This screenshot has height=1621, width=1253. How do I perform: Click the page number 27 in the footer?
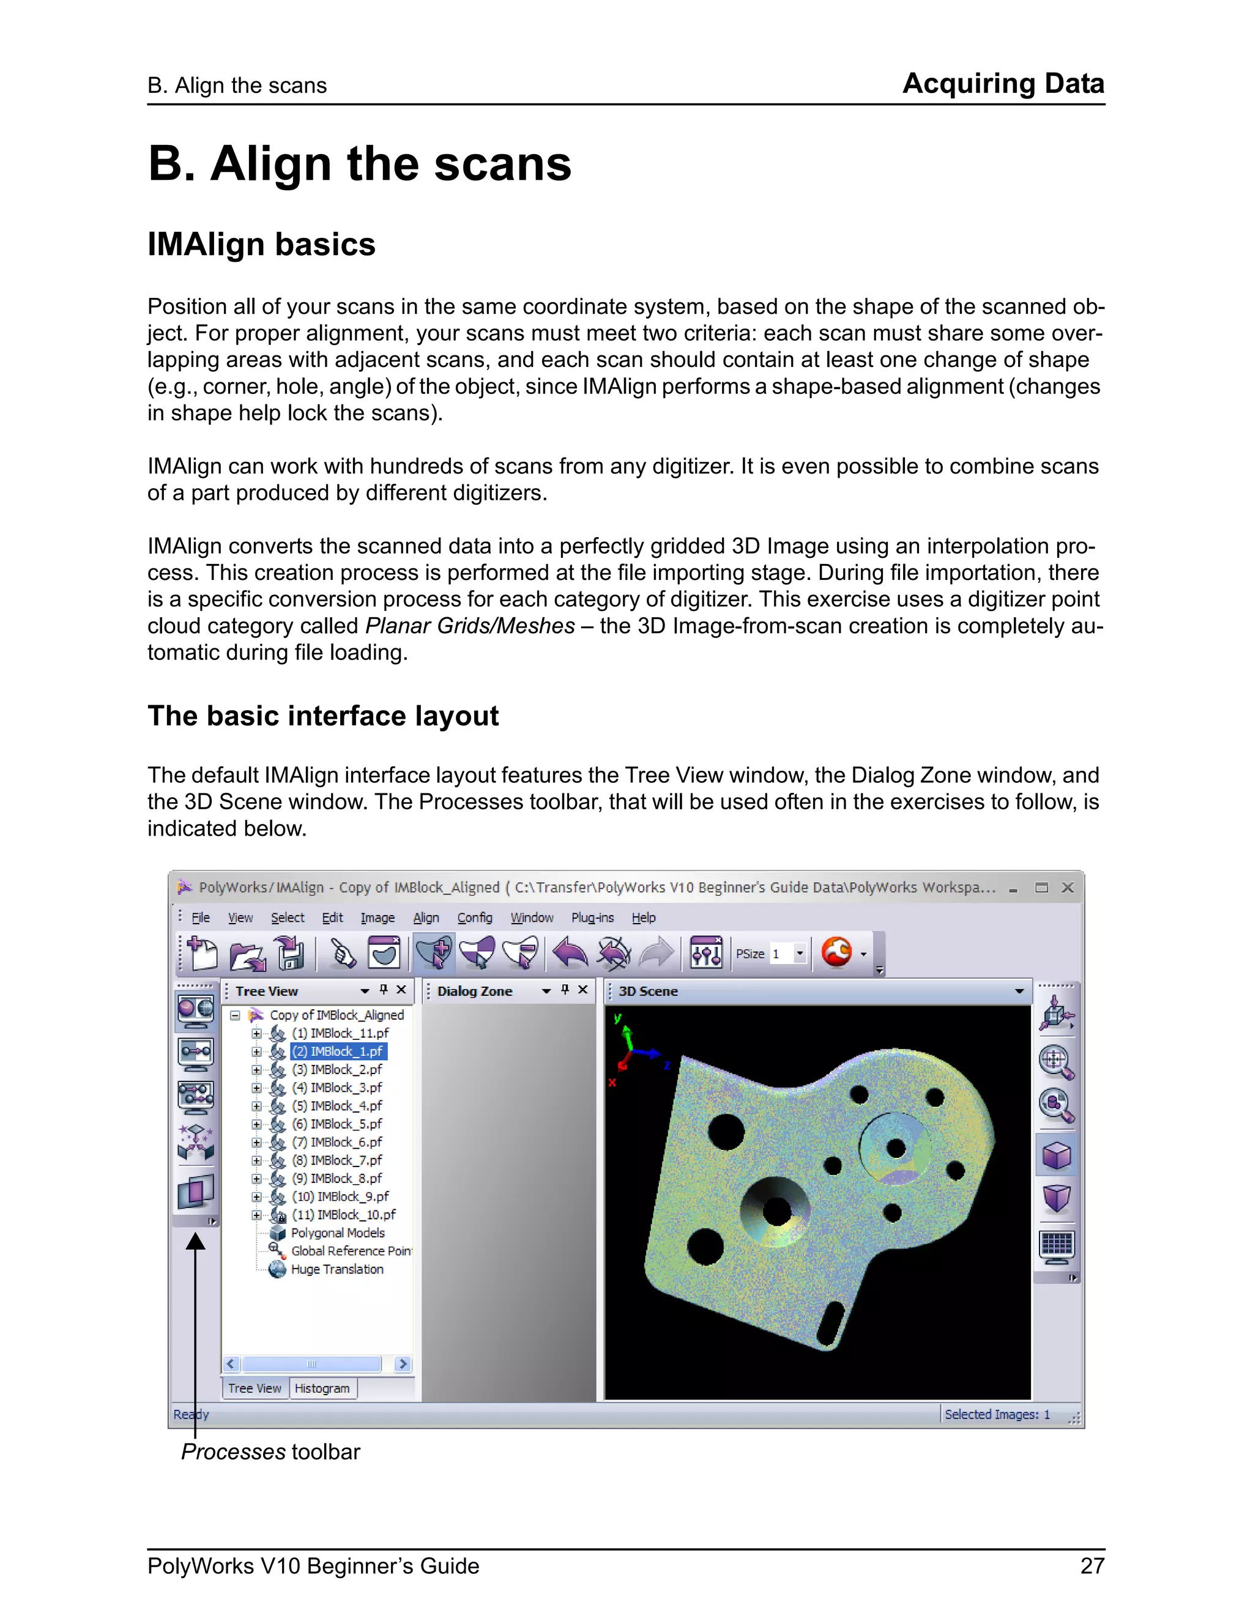[x=1092, y=1565]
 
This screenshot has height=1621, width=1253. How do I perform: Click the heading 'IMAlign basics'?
[x=261, y=244]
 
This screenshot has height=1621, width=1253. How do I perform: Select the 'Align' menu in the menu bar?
[x=425, y=918]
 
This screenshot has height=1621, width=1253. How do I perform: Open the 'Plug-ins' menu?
[x=592, y=918]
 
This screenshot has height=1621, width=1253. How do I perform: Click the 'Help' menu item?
[x=644, y=918]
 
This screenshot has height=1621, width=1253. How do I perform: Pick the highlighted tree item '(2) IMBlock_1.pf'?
[x=338, y=1051]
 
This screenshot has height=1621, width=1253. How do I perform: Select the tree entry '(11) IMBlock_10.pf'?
[x=343, y=1214]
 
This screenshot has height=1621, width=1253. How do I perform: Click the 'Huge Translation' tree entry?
[x=337, y=1269]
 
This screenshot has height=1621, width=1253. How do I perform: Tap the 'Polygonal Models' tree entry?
[x=338, y=1233]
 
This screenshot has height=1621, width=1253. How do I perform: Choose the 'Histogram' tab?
[x=322, y=1388]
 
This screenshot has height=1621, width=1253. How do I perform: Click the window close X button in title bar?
[x=1068, y=888]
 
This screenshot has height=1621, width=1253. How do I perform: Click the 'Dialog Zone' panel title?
[x=474, y=991]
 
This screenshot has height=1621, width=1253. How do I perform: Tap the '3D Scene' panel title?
[x=648, y=991]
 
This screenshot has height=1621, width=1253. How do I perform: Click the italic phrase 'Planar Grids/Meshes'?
[x=470, y=626]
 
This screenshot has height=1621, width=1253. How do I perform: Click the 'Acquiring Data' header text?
[x=1003, y=83]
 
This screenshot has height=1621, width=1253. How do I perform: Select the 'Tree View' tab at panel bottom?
[x=255, y=1388]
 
